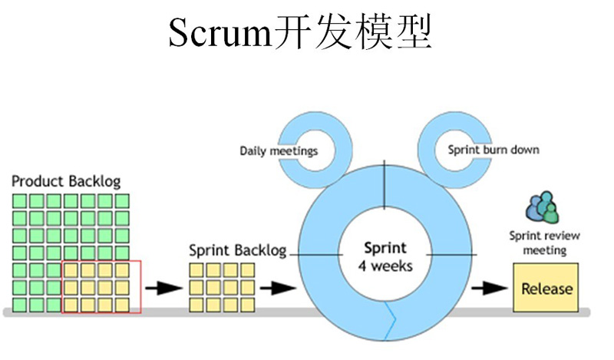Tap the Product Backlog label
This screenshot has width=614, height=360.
pos(66,181)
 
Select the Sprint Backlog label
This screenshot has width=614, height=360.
pos(237,250)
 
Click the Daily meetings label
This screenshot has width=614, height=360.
pos(278,150)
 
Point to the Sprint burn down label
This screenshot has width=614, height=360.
pos(493,150)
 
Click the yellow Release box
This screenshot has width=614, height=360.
pos(546,289)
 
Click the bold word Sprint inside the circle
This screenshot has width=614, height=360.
pos(385,249)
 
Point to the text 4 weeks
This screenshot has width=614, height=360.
pos(385,266)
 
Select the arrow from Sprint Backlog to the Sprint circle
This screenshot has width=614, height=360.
pos(277,289)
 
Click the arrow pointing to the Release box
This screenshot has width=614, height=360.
pos(489,289)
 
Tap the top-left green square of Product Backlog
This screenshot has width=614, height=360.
pos(20,201)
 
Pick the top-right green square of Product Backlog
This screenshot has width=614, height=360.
pos(121,201)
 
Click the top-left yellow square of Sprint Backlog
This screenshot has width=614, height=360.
pos(196,270)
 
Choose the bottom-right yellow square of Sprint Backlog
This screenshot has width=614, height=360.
pos(247,305)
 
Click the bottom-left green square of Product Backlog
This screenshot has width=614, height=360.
pos(20,305)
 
